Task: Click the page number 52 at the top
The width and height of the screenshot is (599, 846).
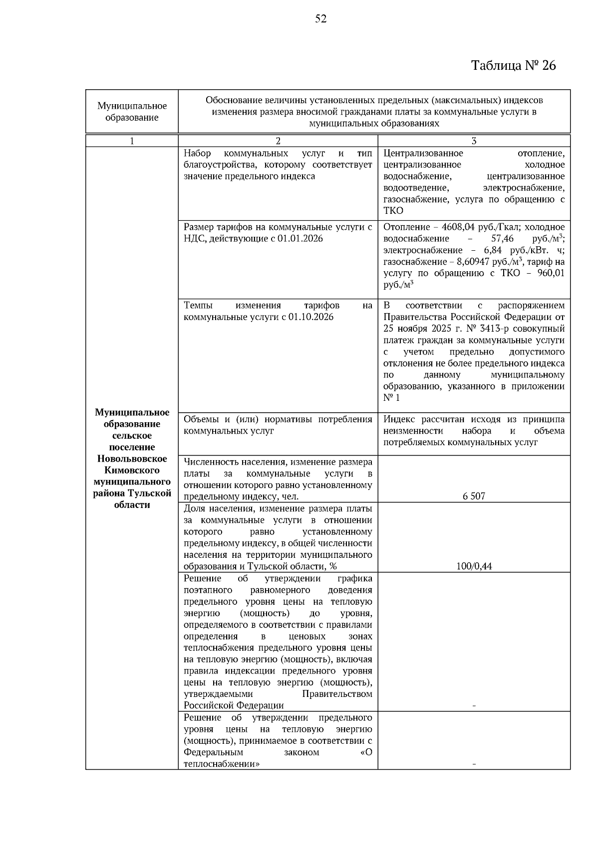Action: coord(321,19)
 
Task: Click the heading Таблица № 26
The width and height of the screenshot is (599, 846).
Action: coord(514,65)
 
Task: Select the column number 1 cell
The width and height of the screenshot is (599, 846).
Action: coord(132,141)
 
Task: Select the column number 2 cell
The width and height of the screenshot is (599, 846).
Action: coord(278,141)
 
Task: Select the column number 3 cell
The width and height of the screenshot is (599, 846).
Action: coord(474,141)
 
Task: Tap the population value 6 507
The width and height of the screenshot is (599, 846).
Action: coord(474,496)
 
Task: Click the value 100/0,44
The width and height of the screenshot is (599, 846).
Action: coord(474,566)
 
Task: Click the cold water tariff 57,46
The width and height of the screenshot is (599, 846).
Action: coord(502,239)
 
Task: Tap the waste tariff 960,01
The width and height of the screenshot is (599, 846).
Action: coord(551,273)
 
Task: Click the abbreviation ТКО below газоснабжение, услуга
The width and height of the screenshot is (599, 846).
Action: coord(393,211)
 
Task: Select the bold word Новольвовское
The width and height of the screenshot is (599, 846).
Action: coord(132,459)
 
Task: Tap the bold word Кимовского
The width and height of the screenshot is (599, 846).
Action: coord(132,470)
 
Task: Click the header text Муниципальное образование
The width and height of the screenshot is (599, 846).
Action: coord(132,112)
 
